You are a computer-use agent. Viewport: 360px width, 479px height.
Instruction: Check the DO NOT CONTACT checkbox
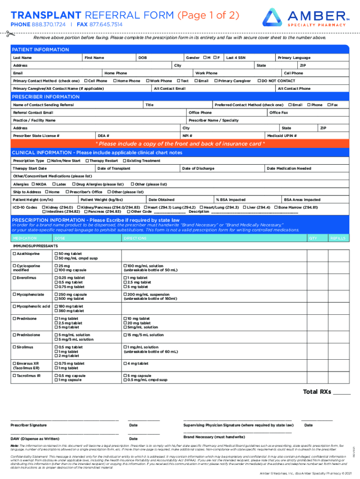[x=259, y=81]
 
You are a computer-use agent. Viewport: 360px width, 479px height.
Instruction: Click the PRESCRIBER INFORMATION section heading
[x=46, y=97]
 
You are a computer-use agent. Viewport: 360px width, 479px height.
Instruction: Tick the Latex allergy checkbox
[x=53, y=184]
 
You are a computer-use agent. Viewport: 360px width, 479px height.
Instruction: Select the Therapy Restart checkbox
[x=87, y=160]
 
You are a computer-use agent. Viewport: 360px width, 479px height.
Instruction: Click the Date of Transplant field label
[x=114, y=168]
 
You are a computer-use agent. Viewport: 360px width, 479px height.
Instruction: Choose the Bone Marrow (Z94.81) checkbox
[x=276, y=207]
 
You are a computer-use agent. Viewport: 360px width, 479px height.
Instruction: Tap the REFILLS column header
[x=338, y=238]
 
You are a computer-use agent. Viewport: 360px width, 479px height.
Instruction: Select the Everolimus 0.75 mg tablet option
[x=57, y=287]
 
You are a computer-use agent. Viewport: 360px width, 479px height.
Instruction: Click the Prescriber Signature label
[x=29, y=425]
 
